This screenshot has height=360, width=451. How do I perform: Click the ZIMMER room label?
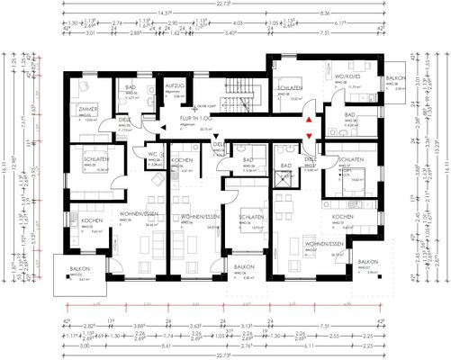(x=87, y=109)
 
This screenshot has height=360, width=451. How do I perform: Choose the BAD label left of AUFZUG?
(x=131, y=88)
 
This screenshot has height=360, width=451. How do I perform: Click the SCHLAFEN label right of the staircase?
(x=288, y=88)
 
